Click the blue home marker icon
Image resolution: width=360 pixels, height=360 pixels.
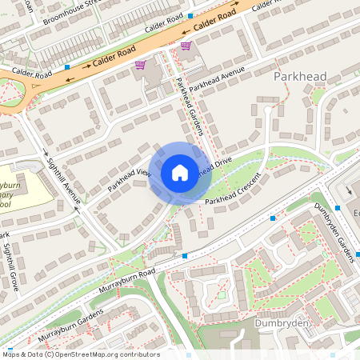pos(179,173)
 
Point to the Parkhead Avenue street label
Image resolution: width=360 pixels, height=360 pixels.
pos(216,81)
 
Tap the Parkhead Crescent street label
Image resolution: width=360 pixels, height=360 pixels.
pos(233,189)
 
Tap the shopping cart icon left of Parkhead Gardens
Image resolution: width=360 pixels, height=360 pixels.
pos(140,65)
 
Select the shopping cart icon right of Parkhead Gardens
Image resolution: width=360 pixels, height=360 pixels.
pos(186,46)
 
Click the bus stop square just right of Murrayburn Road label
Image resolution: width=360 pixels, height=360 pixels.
pos(185,256)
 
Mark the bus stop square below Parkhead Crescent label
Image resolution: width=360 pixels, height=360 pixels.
pos(273,218)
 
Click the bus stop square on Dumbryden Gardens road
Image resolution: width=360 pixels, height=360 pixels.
pos(338,208)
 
